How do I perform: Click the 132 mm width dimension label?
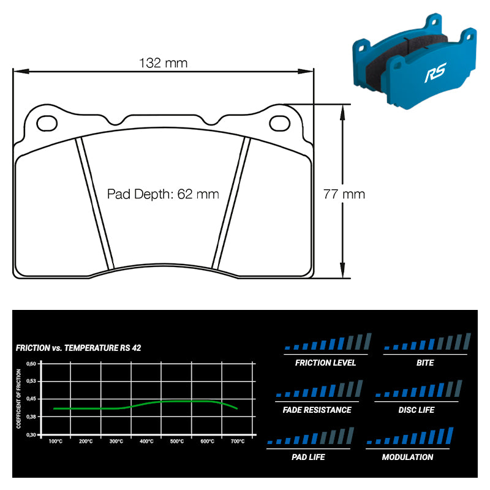click(163, 63)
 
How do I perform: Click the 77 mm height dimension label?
click(344, 194)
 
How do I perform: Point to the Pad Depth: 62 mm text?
click(163, 194)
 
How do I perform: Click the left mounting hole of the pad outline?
click(47, 123)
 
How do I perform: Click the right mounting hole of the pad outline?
click(280, 123)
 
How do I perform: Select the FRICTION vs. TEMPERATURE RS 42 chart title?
click(78, 348)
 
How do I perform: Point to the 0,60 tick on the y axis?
click(31, 363)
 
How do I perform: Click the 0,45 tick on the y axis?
click(31, 399)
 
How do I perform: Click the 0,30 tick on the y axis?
click(31, 434)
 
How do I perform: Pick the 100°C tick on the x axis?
click(55, 441)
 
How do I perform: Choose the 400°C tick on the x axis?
click(146, 441)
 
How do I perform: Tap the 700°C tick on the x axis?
click(238, 441)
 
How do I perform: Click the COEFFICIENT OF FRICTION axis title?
click(19, 399)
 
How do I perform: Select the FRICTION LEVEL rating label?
click(325, 363)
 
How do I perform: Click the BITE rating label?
click(424, 363)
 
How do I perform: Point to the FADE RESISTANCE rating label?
click(317, 410)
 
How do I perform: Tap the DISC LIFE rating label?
click(417, 410)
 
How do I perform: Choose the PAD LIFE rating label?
click(309, 457)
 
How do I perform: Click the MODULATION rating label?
click(407, 457)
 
